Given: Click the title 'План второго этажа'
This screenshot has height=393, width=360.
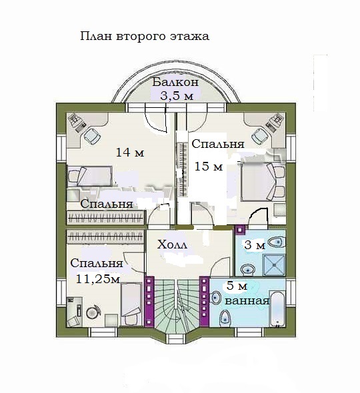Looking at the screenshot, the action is click(x=145, y=37).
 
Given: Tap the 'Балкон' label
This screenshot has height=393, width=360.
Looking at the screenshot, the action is click(x=175, y=82).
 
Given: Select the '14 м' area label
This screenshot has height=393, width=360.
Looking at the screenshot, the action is click(x=130, y=153).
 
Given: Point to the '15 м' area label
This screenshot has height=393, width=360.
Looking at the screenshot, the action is click(x=209, y=166).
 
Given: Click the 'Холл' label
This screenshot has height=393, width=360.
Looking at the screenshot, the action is click(x=172, y=244).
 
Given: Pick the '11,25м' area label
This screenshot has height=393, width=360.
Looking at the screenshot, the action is click(x=98, y=278).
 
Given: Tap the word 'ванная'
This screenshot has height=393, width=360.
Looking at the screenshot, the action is click(x=247, y=301).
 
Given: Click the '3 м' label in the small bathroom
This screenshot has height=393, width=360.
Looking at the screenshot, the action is click(x=255, y=245).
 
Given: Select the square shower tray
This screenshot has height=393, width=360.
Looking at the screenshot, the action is click(x=274, y=265).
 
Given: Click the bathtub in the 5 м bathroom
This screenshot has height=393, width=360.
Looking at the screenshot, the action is click(x=278, y=309).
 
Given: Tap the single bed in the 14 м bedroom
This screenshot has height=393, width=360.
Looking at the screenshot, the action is click(x=90, y=176).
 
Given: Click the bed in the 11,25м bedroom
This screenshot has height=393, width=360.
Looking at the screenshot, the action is click(x=131, y=304).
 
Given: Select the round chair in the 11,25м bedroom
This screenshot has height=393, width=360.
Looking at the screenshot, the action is click(x=93, y=312).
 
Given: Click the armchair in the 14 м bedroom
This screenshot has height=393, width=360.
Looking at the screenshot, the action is click(x=92, y=137).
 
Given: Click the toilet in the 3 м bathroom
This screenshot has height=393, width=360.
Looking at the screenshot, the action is click(x=276, y=242).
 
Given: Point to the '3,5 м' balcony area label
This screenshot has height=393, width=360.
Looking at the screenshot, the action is click(x=177, y=95).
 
